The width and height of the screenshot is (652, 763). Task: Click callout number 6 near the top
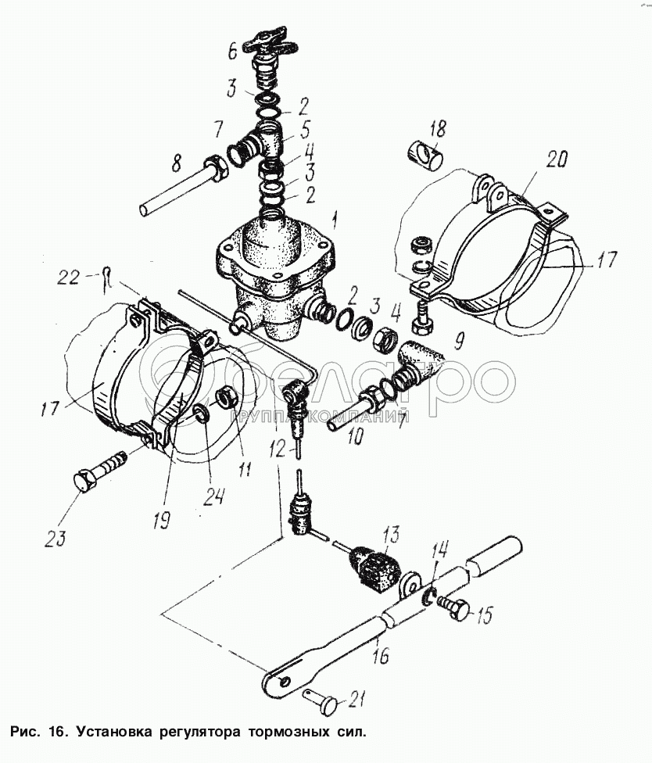[x=233, y=50]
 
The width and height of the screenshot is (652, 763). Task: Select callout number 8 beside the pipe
[x=176, y=164]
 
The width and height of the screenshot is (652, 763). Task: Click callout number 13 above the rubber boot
[x=392, y=536]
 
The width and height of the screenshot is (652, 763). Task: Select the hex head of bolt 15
[x=460, y=609]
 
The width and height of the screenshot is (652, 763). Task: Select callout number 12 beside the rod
[x=277, y=450]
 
